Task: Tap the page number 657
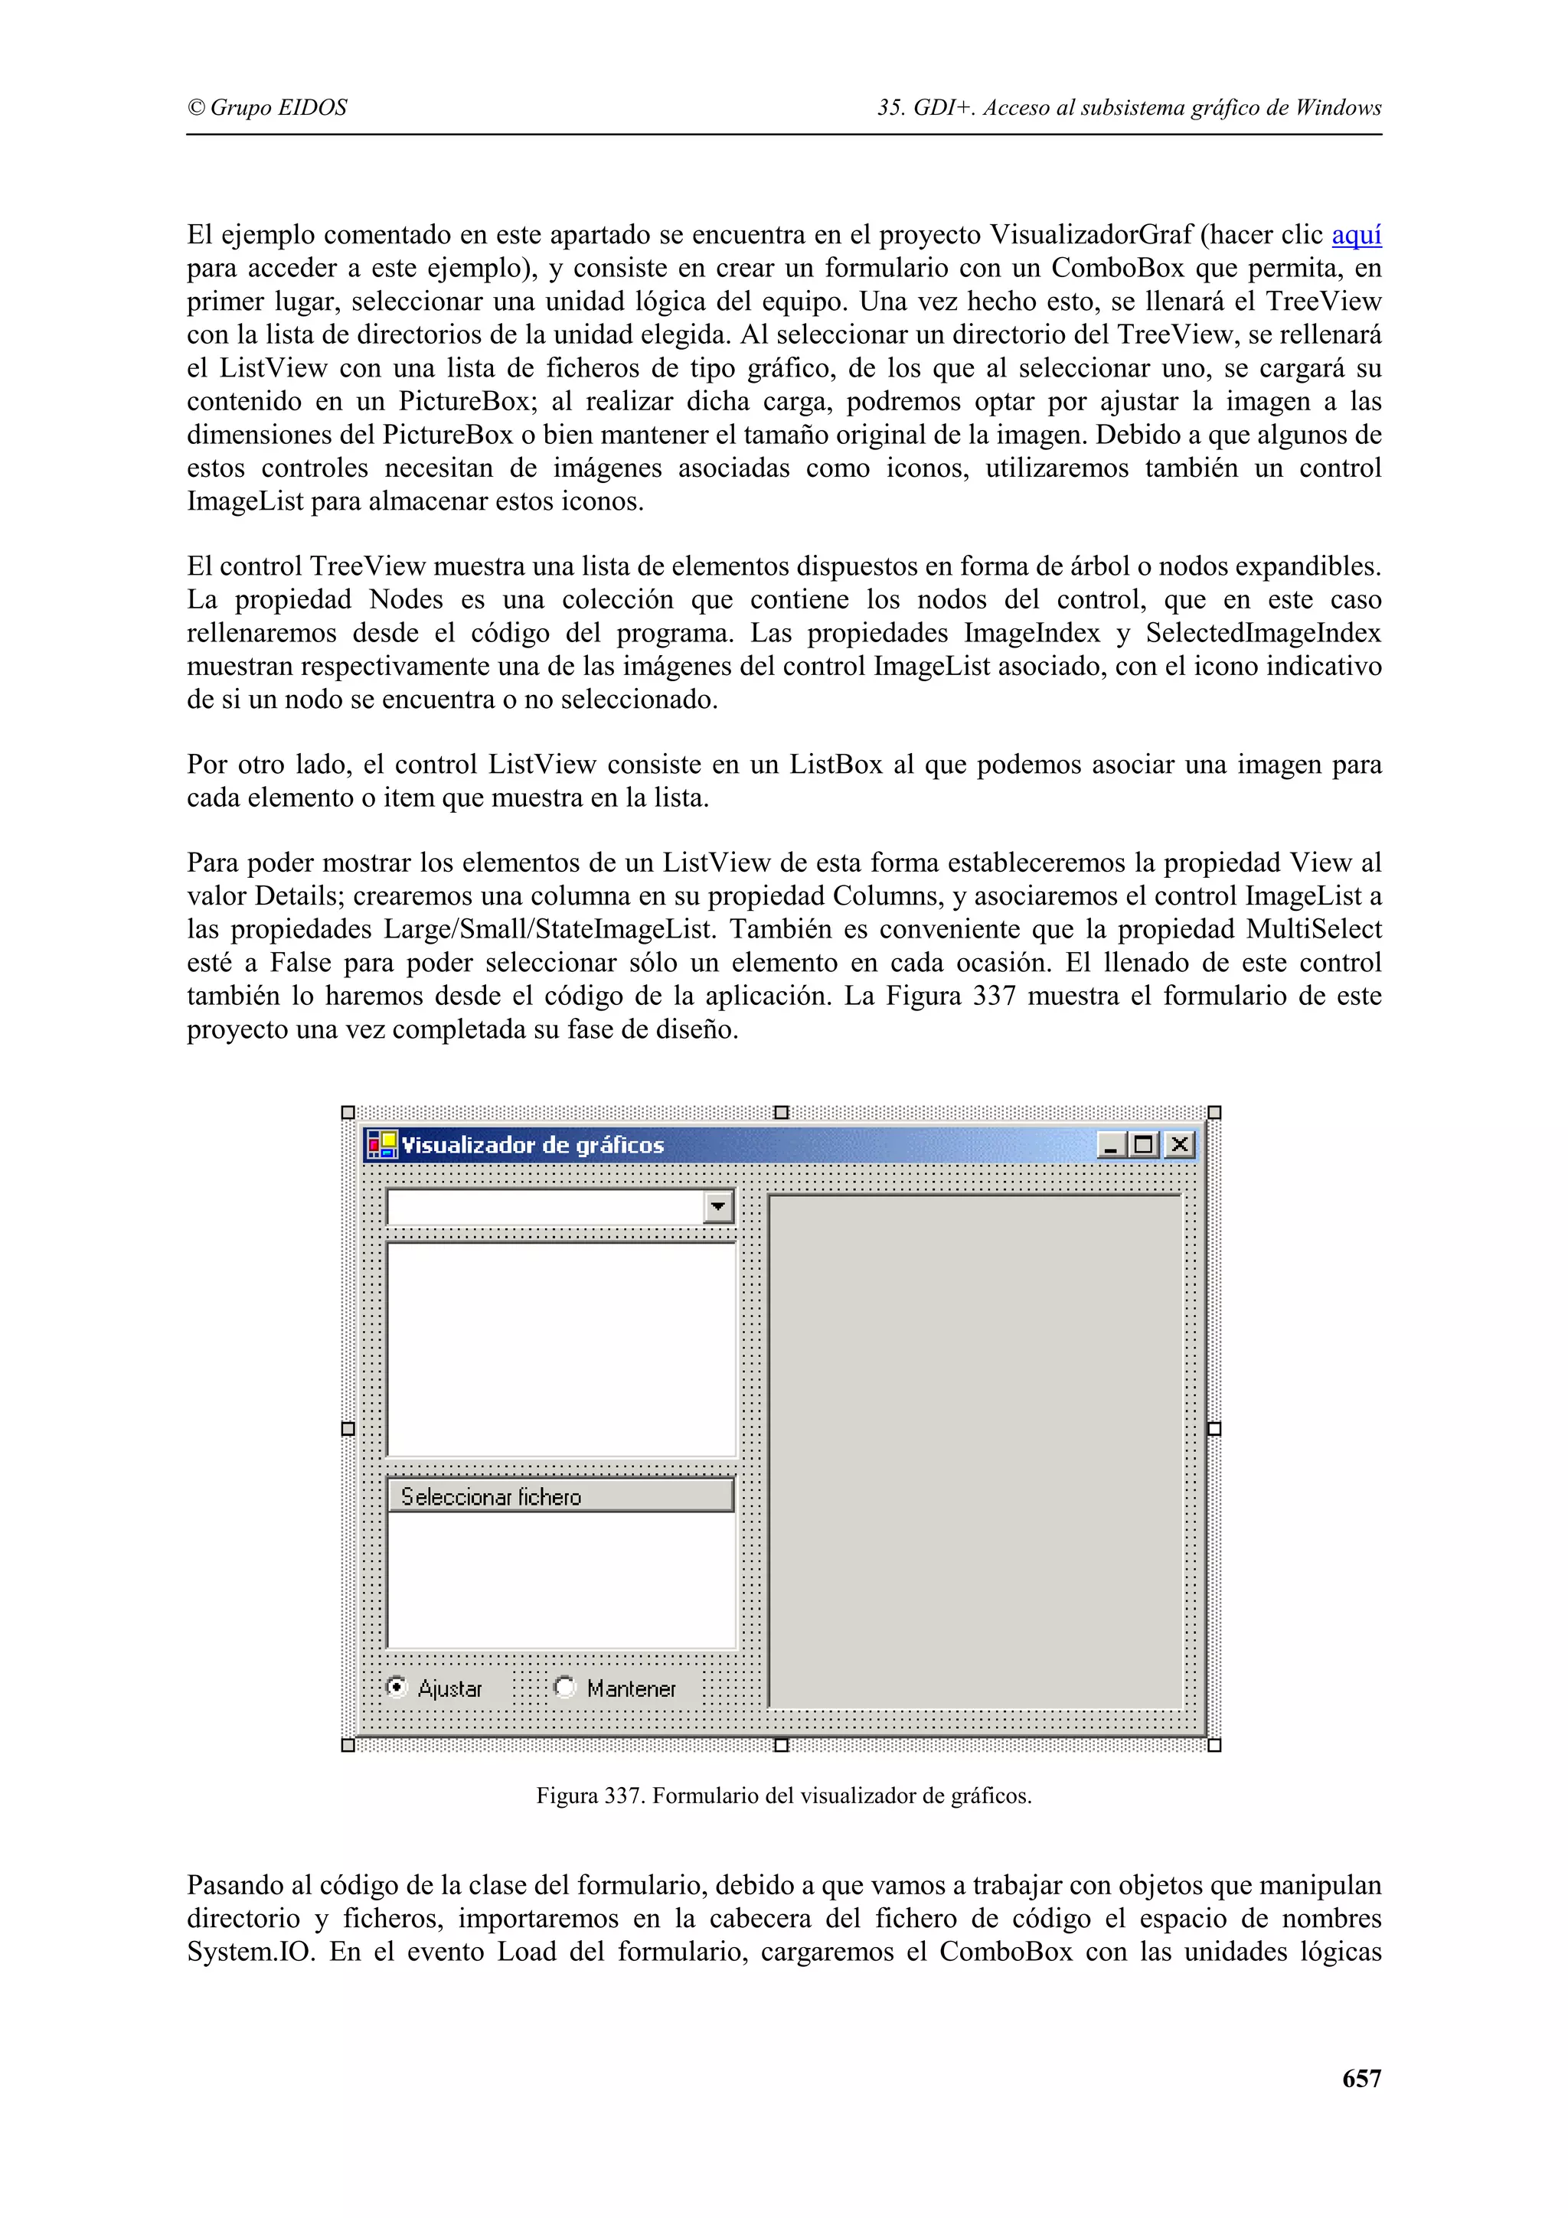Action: click(x=1361, y=2078)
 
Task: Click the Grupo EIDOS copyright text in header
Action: click(x=268, y=107)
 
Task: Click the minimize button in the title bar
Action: click(x=1111, y=1145)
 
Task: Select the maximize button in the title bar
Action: click(x=1144, y=1145)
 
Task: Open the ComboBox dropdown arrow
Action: click(x=718, y=1205)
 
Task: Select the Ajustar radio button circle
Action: click(x=396, y=1687)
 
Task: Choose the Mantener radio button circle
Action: click(x=565, y=1687)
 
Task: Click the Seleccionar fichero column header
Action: click(x=560, y=1496)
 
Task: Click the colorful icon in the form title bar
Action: click(x=381, y=1145)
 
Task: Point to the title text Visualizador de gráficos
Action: click(x=532, y=1145)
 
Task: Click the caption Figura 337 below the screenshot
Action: click(x=783, y=1796)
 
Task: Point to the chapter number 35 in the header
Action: click(x=888, y=107)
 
